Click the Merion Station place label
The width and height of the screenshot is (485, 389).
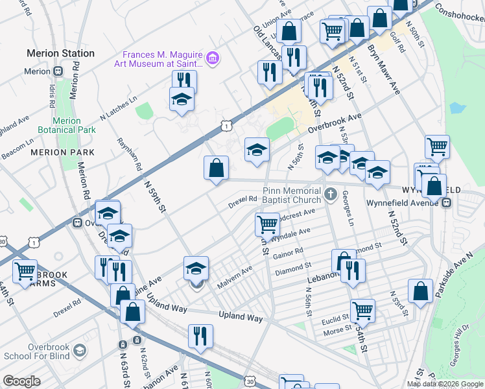[x=60, y=53]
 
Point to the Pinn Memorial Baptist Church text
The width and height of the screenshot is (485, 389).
[x=292, y=196]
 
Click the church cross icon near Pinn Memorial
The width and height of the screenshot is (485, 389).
[x=331, y=193]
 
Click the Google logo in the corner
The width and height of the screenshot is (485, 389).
[x=21, y=381]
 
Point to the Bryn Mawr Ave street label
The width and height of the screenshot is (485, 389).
[x=384, y=69]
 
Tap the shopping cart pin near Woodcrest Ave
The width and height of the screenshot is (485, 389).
[x=267, y=225]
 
